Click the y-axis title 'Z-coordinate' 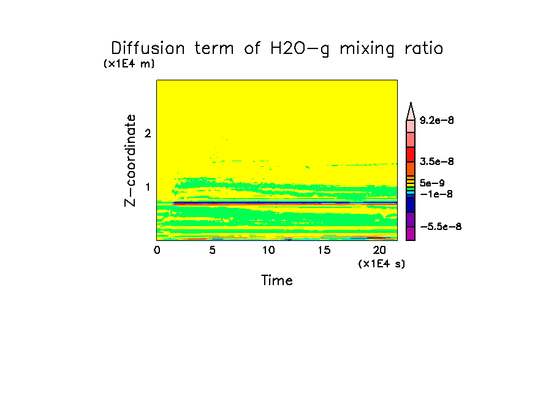(130, 159)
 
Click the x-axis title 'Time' (277, 281)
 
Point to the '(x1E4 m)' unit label (129, 64)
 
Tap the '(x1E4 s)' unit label (382, 264)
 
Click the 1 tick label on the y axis (148, 187)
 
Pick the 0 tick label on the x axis (157, 250)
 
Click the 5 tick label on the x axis (212, 250)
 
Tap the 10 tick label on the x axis (268, 250)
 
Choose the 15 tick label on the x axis (324, 250)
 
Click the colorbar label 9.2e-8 (436, 120)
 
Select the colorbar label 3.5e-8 (436, 161)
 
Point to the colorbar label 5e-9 (432, 182)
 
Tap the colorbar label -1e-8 (434, 194)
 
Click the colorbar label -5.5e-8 (439, 227)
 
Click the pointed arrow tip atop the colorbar (411, 105)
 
